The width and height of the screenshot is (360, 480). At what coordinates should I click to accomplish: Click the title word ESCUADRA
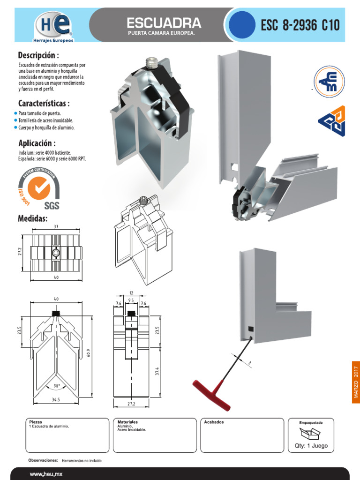pos(164,22)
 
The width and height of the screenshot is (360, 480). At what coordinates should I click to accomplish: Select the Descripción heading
pos(42,55)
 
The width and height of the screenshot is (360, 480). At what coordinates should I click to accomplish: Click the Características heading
pos(45,103)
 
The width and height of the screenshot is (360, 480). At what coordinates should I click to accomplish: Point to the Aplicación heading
pos(37,143)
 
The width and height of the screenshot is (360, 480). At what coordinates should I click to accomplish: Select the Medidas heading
pos(33,218)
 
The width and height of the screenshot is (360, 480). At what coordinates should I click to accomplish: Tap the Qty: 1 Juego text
pos(311,445)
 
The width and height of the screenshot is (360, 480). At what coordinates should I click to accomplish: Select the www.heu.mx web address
pos(46,474)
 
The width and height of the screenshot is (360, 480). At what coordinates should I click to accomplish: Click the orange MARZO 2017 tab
pos(355,382)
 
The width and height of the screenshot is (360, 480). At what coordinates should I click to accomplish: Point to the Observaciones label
pos(43,460)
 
